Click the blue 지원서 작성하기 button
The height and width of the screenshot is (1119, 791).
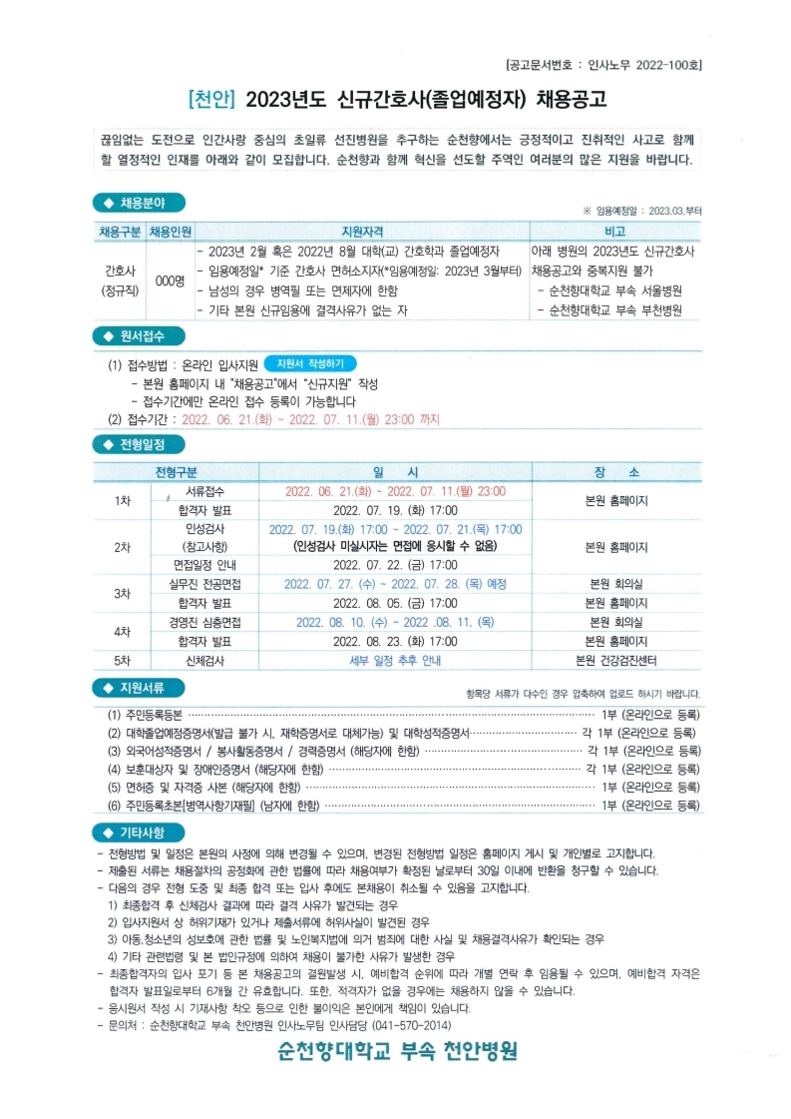pyautogui.click(x=310, y=364)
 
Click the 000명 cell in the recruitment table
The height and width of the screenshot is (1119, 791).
pyautogui.click(x=170, y=281)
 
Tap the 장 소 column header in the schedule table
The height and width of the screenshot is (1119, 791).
pyautogui.click(x=615, y=471)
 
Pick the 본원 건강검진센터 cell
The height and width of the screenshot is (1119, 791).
pyautogui.click(x=615, y=661)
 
